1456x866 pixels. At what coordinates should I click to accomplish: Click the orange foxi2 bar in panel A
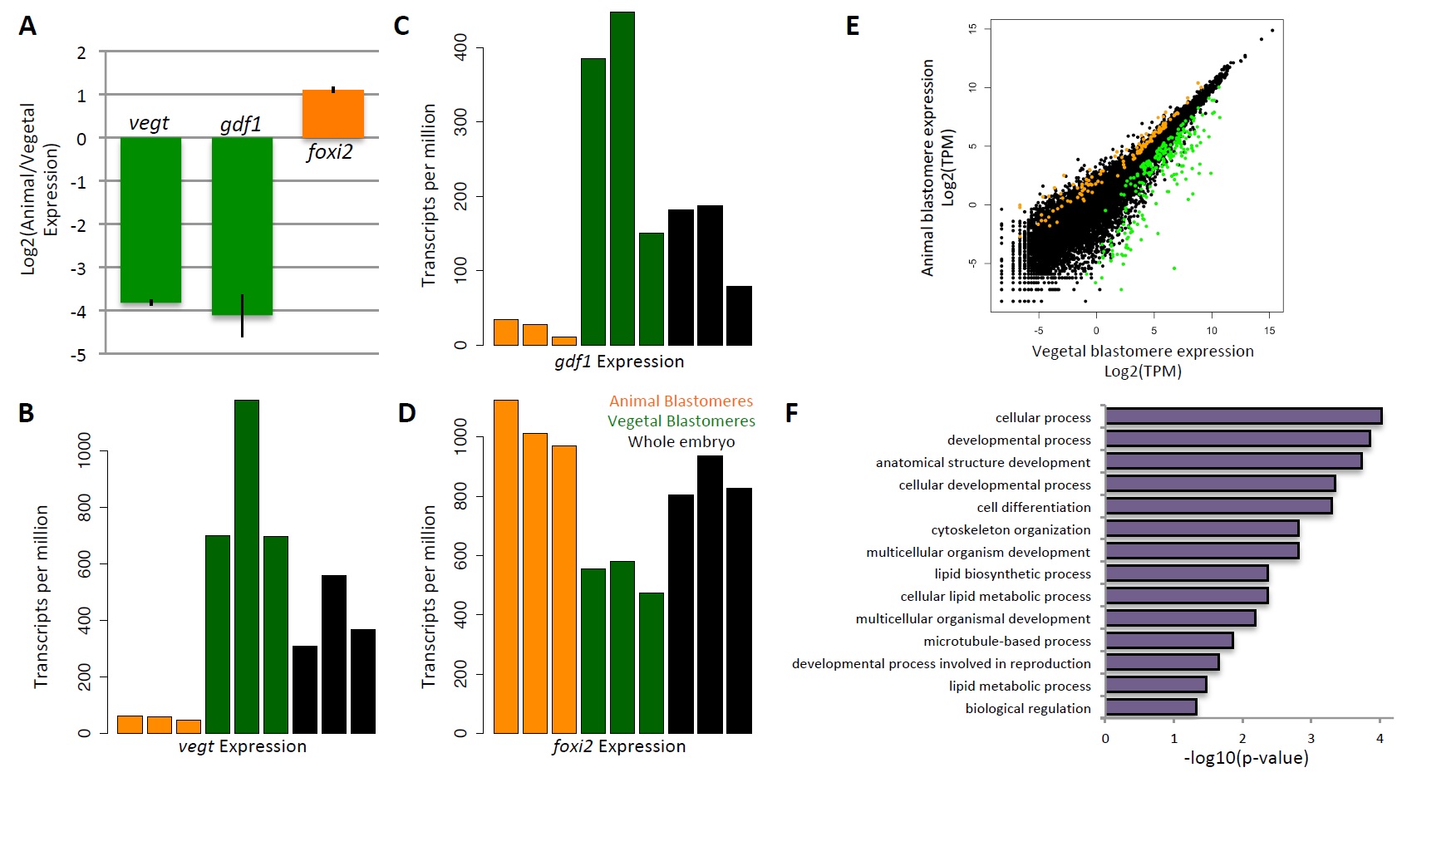coord(332,114)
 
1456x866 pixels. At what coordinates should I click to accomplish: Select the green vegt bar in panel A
coord(150,219)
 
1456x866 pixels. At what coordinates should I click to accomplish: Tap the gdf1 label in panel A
coord(241,125)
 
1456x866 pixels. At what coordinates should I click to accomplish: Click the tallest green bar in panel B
coord(247,566)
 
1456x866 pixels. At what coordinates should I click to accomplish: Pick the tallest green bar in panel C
coord(622,179)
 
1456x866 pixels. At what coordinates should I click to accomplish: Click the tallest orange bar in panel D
coord(506,566)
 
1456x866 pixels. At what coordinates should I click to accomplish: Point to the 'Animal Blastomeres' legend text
coord(681,401)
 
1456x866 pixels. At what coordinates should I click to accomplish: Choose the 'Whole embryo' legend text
coord(681,442)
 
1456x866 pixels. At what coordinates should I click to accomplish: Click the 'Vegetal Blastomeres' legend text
coord(681,421)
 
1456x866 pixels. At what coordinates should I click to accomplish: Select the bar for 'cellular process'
coord(1243,416)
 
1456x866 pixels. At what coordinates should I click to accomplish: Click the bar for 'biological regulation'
coord(1151,707)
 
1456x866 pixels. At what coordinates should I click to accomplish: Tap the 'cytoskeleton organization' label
coord(1011,529)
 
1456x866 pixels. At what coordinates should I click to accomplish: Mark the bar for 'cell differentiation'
coord(1218,506)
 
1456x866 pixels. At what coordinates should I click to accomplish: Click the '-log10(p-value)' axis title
coord(1246,758)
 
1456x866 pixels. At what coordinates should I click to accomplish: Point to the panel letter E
coord(853,27)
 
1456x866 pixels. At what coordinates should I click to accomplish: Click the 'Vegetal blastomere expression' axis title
coord(1143,352)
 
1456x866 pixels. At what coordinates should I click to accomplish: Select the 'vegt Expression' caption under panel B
coord(243,746)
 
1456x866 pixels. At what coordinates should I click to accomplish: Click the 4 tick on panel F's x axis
coord(1380,738)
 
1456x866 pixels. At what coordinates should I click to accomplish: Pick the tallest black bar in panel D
coord(710,594)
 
